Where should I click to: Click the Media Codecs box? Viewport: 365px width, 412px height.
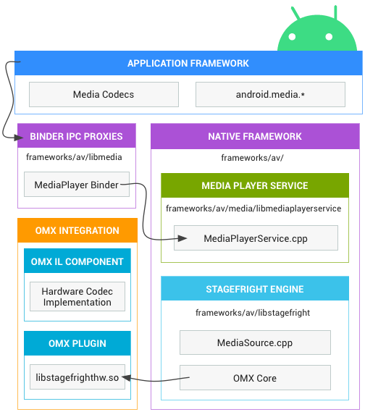104,94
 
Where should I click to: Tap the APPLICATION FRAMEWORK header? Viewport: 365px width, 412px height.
188,63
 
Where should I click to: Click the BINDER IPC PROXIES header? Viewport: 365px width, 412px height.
76,136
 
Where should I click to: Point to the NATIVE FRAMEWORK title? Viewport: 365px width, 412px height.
255,136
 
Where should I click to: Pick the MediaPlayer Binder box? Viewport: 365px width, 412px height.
77,185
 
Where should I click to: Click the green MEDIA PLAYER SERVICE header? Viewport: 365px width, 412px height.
255,185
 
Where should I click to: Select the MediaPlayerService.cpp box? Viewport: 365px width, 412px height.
256,238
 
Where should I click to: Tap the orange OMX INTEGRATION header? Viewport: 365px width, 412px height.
77,231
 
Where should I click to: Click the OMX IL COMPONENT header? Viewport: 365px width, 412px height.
77,261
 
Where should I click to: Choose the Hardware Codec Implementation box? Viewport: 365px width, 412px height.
77,297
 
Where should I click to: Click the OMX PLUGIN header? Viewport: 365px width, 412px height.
77,343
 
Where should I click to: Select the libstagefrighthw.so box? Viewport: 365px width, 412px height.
77,378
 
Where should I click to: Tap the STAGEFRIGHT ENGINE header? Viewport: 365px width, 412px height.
255,289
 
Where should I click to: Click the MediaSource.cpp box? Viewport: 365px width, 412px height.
255,342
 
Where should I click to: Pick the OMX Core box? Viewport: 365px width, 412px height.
255,378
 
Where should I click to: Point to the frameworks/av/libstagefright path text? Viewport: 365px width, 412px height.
253,313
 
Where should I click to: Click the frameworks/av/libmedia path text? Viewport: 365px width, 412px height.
74,156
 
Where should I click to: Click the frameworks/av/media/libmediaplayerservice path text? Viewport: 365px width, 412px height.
253,209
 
